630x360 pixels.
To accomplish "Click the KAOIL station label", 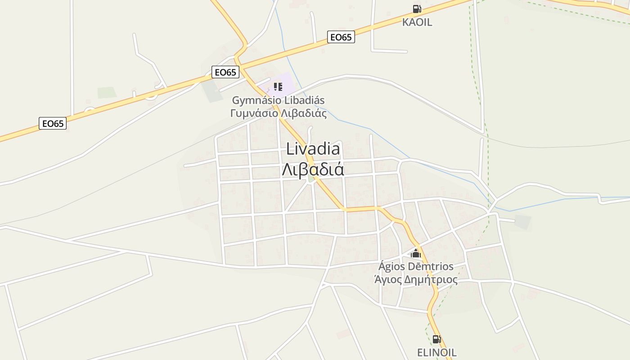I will coord(417,22).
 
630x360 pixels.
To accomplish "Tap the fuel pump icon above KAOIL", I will coord(417,9).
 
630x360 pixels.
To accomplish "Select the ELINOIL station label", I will coord(436,352).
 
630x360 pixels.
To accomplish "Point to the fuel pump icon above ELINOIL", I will coord(436,339).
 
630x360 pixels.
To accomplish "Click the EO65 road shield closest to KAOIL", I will coord(341,37).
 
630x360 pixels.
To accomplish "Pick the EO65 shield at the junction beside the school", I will coord(225,72).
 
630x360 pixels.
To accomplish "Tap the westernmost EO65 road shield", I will coord(53,123).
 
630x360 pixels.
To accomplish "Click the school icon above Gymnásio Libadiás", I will coord(278,86).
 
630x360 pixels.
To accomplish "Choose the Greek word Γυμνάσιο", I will coord(254,113).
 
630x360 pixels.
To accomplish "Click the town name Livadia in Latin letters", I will coord(313,148).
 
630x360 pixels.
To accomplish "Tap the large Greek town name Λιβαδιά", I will coord(313,170).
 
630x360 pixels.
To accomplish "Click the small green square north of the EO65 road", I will coord(107,93).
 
